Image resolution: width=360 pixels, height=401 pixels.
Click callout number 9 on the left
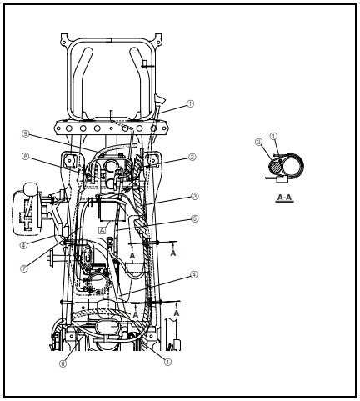[26, 133]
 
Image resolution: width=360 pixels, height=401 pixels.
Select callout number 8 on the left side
[26, 156]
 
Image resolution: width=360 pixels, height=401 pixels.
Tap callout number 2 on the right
[192, 157]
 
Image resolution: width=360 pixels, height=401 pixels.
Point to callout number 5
[194, 219]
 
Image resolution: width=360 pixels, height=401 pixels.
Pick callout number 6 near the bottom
[62, 363]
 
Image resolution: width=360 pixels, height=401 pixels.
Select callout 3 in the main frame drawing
[194, 197]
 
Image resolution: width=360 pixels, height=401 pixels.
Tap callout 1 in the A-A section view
[274, 136]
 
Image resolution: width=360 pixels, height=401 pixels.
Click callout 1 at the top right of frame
[190, 104]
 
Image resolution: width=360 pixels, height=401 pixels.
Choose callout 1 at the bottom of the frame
[167, 362]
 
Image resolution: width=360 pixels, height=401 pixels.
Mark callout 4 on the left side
[23, 245]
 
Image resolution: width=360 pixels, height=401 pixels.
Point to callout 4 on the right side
[194, 274]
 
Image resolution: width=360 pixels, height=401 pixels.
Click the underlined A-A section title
[283, 198]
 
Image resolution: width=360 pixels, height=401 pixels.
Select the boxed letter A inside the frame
[102, 228]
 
